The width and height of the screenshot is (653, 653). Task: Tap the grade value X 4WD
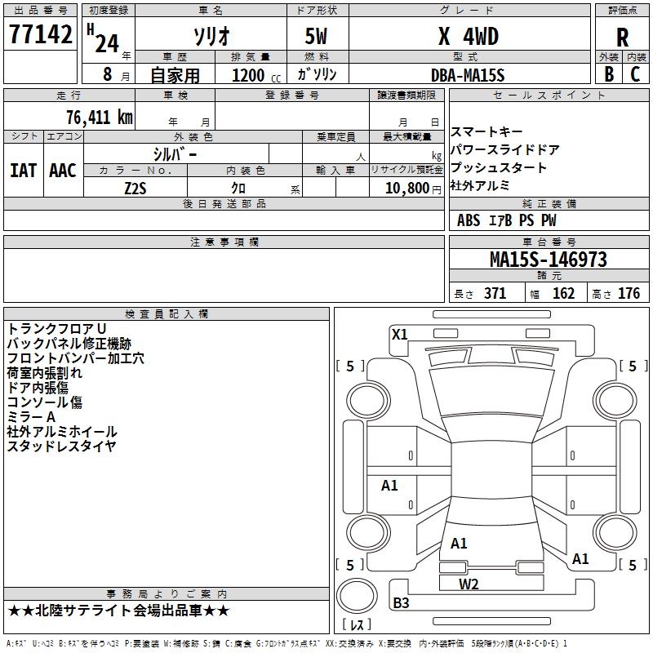pyautogui.click(x=468, y=36)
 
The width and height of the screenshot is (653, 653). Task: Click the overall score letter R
pyautogui.click(x=622, y=38)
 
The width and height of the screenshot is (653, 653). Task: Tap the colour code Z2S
pyautogui.click(x=135, y=188)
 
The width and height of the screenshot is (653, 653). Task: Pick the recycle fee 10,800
pyautogui.click(x=406, y=188)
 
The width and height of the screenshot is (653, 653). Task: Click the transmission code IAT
pyautogui.click(x=23, y=171)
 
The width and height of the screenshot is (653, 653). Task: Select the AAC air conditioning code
pyautogui.click(x=63, y=171)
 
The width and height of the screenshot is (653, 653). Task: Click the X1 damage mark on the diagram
pyautogui.click(x=399, y=334)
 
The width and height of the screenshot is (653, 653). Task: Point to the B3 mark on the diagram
pyautogui.click(x=401, y=603)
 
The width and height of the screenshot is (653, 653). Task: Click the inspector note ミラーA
pyautogui.click(x=32, y=416)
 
